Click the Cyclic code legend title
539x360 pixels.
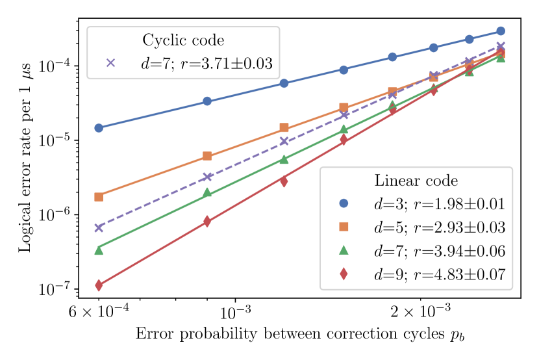(x=183, y=40)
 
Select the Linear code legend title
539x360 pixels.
(x=416, y=181)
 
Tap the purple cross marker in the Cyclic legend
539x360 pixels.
(x=110, y=63)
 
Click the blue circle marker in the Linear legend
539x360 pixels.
(x=344, y=203)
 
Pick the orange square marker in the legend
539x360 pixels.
(x=344, y=227)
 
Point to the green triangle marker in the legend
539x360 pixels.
(x=344, y=250)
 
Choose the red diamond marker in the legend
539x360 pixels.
(x=344, y=274)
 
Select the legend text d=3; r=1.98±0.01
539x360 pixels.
(x=439, y=204)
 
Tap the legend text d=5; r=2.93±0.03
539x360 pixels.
(x=439, y=227)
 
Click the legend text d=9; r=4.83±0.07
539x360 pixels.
(x=439, y=275)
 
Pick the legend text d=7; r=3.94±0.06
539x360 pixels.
(x=439, y=251)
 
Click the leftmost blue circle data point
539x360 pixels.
(x=99, y=128)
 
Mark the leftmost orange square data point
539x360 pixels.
(x=99, y=197)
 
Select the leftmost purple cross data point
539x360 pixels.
(x=99, y=228)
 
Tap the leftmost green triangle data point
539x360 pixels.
(x=99, y=250)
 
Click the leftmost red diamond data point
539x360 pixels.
(x=99, y=285)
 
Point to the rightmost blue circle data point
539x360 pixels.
(x=501, y=31)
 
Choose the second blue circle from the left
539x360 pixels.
(x=207, y=101)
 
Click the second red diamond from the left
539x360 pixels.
(x=207, y=222)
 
